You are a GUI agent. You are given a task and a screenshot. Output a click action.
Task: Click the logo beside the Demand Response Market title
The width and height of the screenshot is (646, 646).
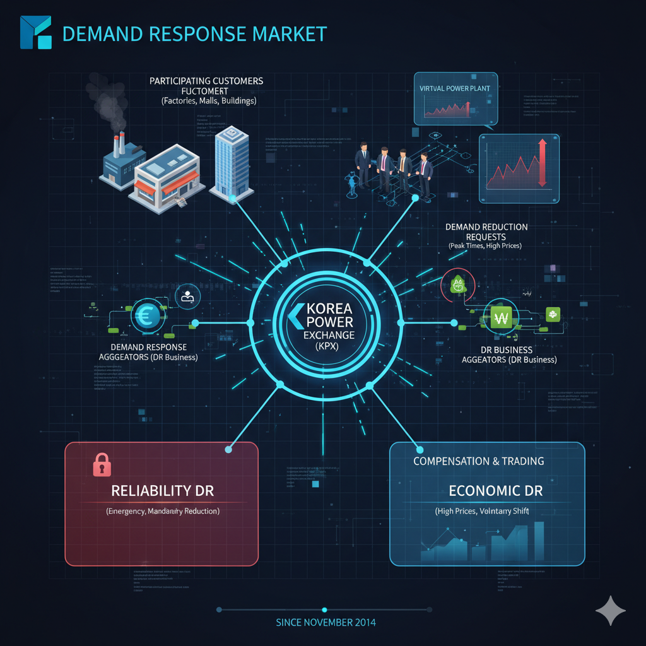click(x=36, y=32)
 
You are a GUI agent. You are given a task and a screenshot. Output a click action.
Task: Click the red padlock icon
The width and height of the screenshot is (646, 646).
click(x=102, y=464)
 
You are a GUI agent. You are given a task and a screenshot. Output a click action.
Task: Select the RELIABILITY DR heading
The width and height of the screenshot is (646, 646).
click(x=160, y=490)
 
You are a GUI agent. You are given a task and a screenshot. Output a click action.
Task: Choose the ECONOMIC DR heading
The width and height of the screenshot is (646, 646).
click(x=495, y=490)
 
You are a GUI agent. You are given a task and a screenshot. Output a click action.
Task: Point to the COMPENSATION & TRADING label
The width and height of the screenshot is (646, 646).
click(x=478, y=461)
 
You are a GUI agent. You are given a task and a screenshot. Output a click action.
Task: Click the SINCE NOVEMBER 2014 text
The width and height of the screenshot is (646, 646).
click(x=326, y=622)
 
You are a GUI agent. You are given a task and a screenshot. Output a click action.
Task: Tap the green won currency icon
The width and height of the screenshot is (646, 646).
click(x=503, y=319)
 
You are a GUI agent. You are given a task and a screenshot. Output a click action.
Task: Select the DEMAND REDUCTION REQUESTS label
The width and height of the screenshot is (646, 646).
click(x=486, y=232)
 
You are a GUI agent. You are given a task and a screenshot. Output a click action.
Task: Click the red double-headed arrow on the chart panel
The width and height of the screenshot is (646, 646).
click(x=541, y=163)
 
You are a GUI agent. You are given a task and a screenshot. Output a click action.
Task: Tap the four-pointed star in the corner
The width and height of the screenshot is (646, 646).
click(x=610, y=610)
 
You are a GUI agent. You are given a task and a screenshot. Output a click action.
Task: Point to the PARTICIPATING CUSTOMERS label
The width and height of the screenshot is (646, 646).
click(x=206, y=81)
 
